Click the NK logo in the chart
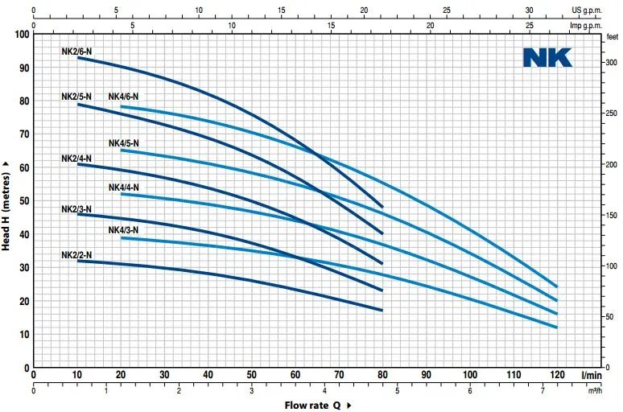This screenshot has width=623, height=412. tap(547, 57)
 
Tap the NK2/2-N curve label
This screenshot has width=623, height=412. tap(76, 255)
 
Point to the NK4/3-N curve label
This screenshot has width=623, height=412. tap(123, 230)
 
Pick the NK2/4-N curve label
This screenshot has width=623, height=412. tap(76, 159)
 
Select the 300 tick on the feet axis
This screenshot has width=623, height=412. tap(612, 62)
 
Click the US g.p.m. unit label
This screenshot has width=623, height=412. tap(587, 10)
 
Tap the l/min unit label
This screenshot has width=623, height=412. tap(592, 374)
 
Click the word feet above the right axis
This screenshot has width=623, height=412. tap(612, 36)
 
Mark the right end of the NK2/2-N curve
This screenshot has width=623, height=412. tap(382, 310)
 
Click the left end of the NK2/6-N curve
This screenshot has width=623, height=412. tap(78, 58)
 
